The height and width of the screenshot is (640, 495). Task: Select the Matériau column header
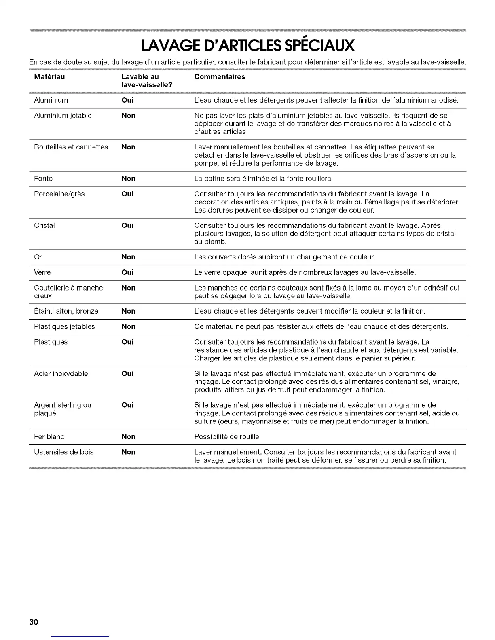49,77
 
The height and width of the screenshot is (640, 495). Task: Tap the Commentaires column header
220,77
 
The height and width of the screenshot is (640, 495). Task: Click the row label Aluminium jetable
63,116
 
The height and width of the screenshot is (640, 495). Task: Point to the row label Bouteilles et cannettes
71,147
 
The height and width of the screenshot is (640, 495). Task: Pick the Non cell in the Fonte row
128,179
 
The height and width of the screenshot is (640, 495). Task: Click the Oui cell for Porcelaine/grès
127,194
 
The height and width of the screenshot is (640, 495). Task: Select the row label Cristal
44,225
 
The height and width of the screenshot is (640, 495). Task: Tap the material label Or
38,257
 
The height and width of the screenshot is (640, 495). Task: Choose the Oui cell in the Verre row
127,272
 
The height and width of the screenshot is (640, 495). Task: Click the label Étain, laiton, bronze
66,311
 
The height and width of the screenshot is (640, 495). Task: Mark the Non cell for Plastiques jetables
128,326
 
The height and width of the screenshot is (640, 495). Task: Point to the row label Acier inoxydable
61,374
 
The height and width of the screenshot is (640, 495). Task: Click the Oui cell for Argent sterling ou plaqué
127,405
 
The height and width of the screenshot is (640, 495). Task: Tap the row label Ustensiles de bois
63,452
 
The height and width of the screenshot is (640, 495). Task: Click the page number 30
34,622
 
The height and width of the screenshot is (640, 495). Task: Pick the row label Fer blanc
49,437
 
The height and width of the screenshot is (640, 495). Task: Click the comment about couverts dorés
285,257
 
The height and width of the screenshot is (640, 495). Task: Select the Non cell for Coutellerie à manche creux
128,288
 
